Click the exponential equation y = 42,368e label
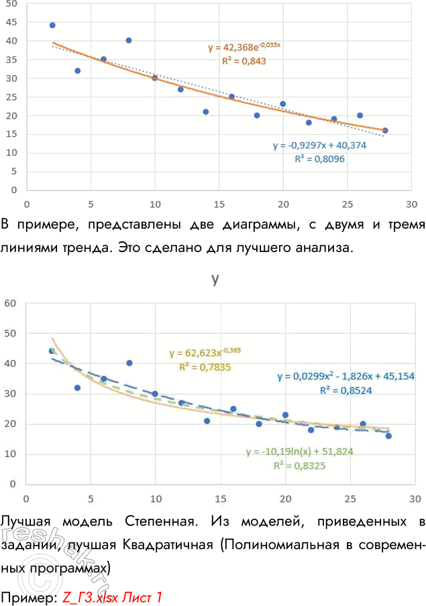[x=244, y=48]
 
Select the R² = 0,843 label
[x=244, y=61]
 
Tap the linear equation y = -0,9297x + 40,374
[x=319, y=145]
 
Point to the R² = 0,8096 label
[x=320, y=159]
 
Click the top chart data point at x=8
[x=129, y=40]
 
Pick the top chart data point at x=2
[x=52, y=25]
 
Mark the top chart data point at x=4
[x=78, y=70]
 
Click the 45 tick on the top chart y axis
[x=11, y=21]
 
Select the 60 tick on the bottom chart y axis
[x=10, y=303]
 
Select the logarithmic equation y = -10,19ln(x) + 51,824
[x=299, y=452]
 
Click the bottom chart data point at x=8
[x=129, y=363]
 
